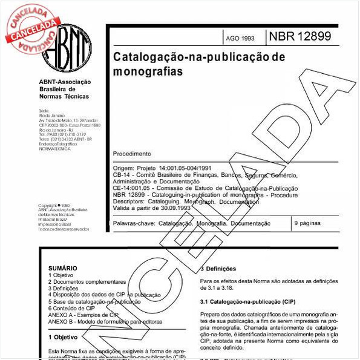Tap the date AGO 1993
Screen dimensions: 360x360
pos(240,38)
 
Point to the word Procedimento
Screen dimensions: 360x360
pos(133,154)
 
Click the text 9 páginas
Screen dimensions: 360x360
pos(307,223)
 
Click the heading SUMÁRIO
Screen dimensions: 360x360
pos(63,267)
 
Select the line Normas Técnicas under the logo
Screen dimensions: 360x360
pos(64,96)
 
